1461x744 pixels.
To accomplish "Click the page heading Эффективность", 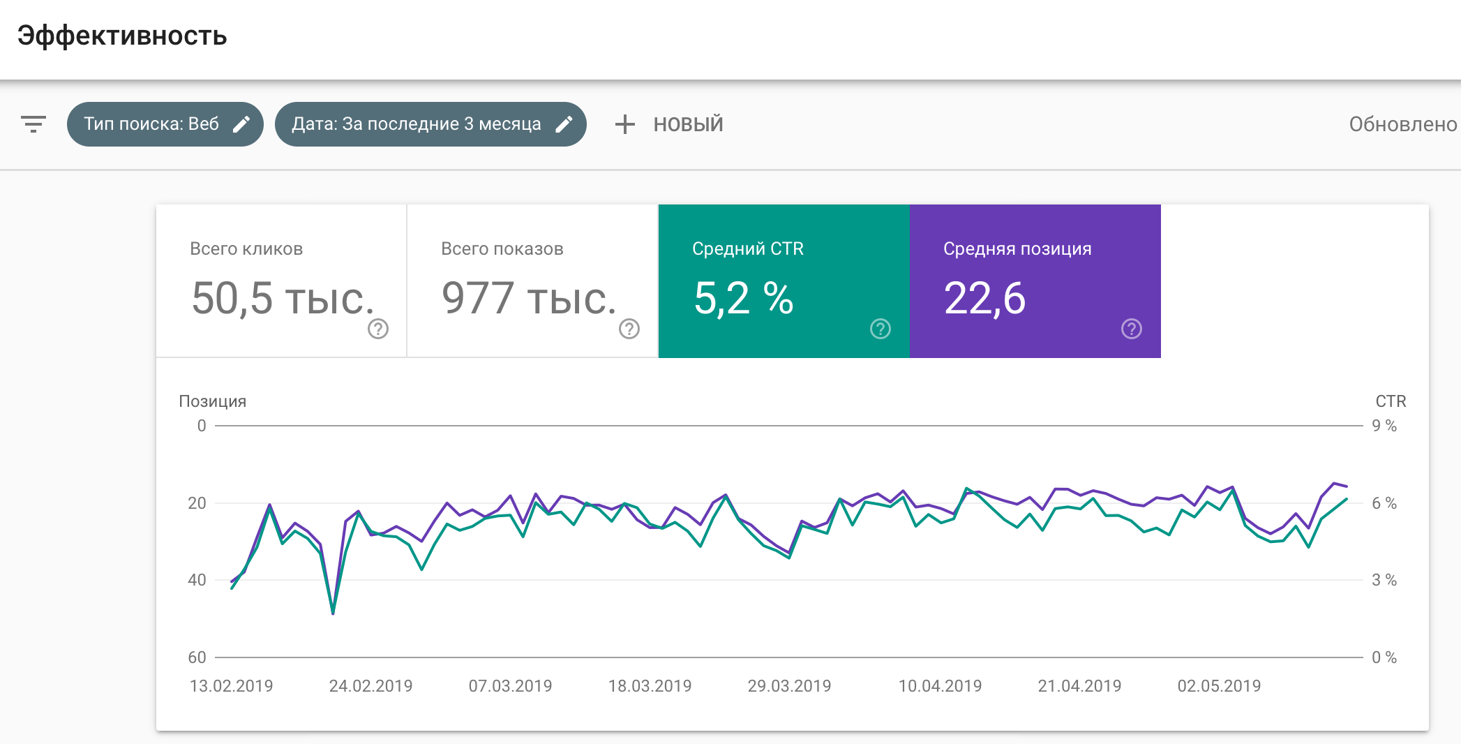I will [x=122, y=36].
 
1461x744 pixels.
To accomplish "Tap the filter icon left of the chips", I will [x=33, y=124].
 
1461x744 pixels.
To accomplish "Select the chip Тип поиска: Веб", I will [x=151, y=124].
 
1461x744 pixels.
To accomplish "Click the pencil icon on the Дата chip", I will [x=564, y=124].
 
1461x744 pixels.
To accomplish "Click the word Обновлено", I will [x=1402, y=124].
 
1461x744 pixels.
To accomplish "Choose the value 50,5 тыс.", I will [x=283, y=299].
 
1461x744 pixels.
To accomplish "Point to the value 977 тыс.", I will [x=529, y=299].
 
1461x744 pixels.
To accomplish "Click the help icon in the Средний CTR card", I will [x=881, y=329].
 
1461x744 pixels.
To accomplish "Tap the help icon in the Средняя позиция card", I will [x=1132, y=329].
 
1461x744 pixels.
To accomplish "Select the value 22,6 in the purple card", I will [x=984, y=299].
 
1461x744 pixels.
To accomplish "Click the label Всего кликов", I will [x=246, y=249].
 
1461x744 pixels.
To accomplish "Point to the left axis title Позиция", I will [x=213, y=401].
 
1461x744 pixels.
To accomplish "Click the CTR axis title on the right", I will [x=1391, y=401].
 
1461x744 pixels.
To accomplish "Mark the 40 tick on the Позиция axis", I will [x=197, y=580].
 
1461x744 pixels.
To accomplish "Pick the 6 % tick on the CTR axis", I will [x=1384, y=503].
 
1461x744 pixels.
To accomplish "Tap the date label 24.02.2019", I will [x=370, y=686].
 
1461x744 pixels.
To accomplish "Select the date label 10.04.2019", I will [x=940, y=686].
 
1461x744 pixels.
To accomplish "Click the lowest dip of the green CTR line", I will [x=333, y=613].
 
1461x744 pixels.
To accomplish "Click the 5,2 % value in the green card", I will [x=743, y=299].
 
